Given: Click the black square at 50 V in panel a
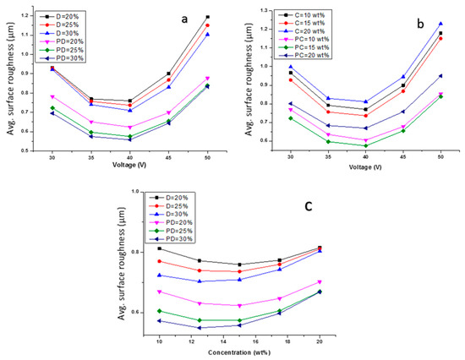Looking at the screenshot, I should point(207,17).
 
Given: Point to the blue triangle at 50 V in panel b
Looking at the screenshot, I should point(440,24).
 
